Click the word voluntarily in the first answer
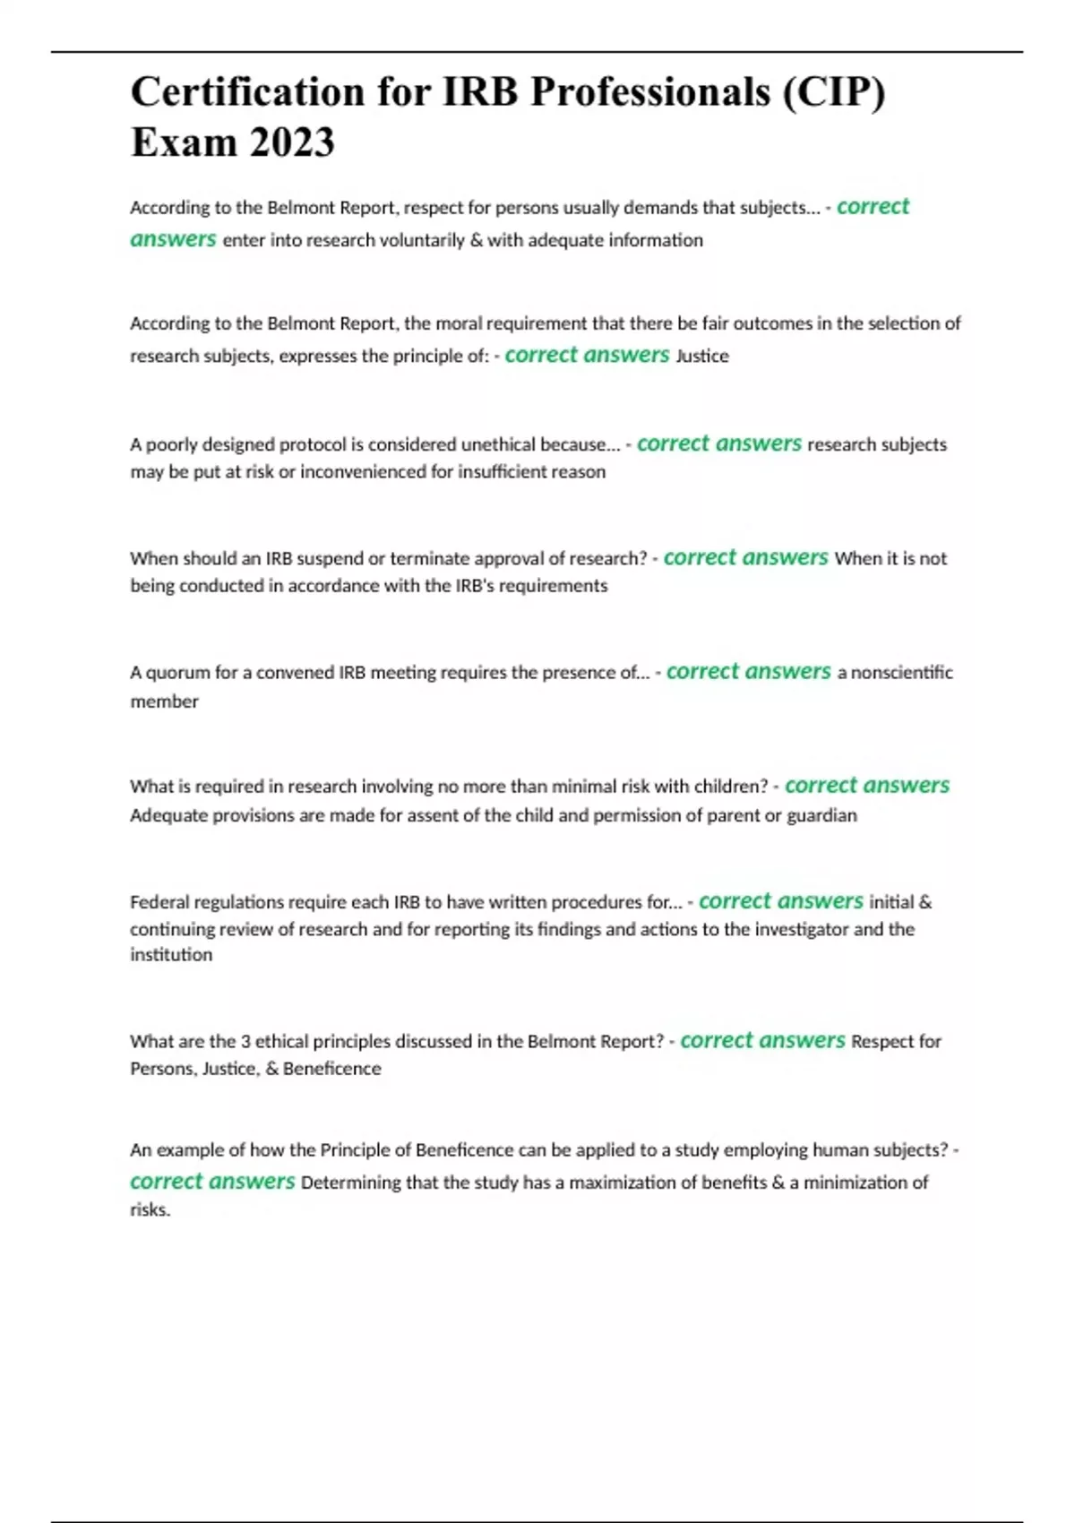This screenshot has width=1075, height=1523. pos(422,240)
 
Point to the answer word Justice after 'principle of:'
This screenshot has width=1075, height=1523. pos(702,356)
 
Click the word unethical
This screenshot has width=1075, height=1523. pos(500,444)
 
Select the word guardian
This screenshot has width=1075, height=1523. pos(821,815)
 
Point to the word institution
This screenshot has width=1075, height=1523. pos(171,955)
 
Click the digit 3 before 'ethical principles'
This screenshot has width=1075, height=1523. pos(245,1042)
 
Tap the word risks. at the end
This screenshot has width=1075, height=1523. pos(150,1209)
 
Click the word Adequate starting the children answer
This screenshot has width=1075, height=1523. pos(168,815)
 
